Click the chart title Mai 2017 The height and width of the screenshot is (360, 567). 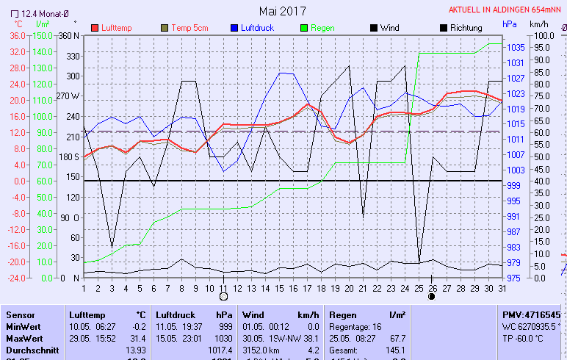tap(283, 10)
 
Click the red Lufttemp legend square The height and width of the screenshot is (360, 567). tap(95, 28)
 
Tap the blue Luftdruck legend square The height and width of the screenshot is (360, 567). tap(234, 28)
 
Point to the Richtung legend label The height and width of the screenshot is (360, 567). tap(466, 28)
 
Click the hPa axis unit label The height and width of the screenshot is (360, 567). tap(509, 24)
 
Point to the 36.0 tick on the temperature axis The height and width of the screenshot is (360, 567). tap(17, 35)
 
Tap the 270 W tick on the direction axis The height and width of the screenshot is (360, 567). tap(68, 96)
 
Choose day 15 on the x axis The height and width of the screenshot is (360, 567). tap(279, 287)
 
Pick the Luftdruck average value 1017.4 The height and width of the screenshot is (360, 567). tap(221, 350)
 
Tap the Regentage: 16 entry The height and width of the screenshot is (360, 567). tap(358, 327)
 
